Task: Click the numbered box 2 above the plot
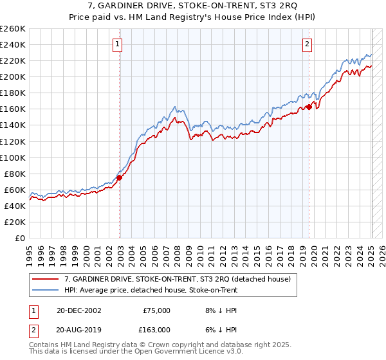pos(308,44)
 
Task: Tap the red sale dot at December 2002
pos(120,177)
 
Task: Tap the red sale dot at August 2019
pos(309,107)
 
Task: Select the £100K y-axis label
pos(13,157)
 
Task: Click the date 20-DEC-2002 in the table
pos(79,310)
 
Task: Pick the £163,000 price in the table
pos(154,329)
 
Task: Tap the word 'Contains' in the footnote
pos(45,346)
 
